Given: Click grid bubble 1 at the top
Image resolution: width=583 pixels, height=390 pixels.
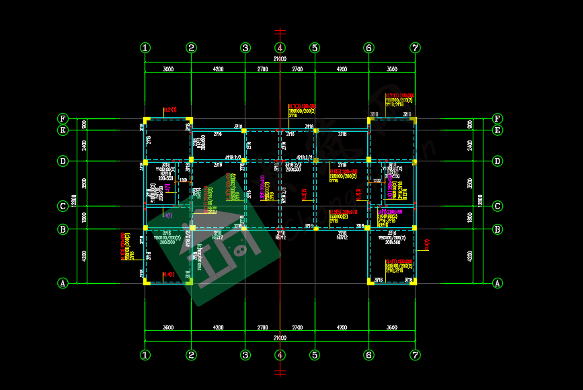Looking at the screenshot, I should point(145,48).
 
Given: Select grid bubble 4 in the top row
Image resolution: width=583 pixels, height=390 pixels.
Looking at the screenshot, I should point(280,48).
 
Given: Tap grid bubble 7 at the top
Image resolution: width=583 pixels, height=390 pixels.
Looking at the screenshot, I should point(416,48).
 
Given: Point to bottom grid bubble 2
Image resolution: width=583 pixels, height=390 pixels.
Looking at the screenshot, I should point(192,354).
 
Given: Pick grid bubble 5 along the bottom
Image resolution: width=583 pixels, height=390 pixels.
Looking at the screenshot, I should point(315,354).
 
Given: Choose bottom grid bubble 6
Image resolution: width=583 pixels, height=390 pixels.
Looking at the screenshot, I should point(368,354).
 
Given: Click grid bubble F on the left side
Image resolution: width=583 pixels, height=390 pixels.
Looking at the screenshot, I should point(63,119).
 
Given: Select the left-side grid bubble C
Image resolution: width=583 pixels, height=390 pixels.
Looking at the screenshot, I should point(63,206).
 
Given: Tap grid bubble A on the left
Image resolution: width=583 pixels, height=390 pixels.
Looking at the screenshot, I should point(63,283).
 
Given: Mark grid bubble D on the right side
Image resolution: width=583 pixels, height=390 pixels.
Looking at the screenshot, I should point(498,161).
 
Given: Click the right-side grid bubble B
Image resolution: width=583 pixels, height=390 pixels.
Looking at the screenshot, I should point(498,229).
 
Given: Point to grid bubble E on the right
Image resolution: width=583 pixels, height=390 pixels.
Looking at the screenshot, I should point(498,130).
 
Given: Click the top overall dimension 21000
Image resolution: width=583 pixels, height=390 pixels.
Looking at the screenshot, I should point(280,59).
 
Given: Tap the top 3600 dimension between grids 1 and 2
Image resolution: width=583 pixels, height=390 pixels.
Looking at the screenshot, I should point(168,69).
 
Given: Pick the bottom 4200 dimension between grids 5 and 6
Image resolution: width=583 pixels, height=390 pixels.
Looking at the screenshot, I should point(342,328).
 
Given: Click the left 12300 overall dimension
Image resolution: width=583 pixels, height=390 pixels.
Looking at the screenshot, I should point(75,200).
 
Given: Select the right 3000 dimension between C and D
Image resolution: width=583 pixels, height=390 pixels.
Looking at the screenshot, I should point(470,183).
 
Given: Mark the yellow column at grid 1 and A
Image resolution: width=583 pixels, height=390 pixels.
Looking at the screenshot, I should point(146,282).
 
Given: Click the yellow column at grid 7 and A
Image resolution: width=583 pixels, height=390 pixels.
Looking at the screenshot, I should point(415,282).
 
